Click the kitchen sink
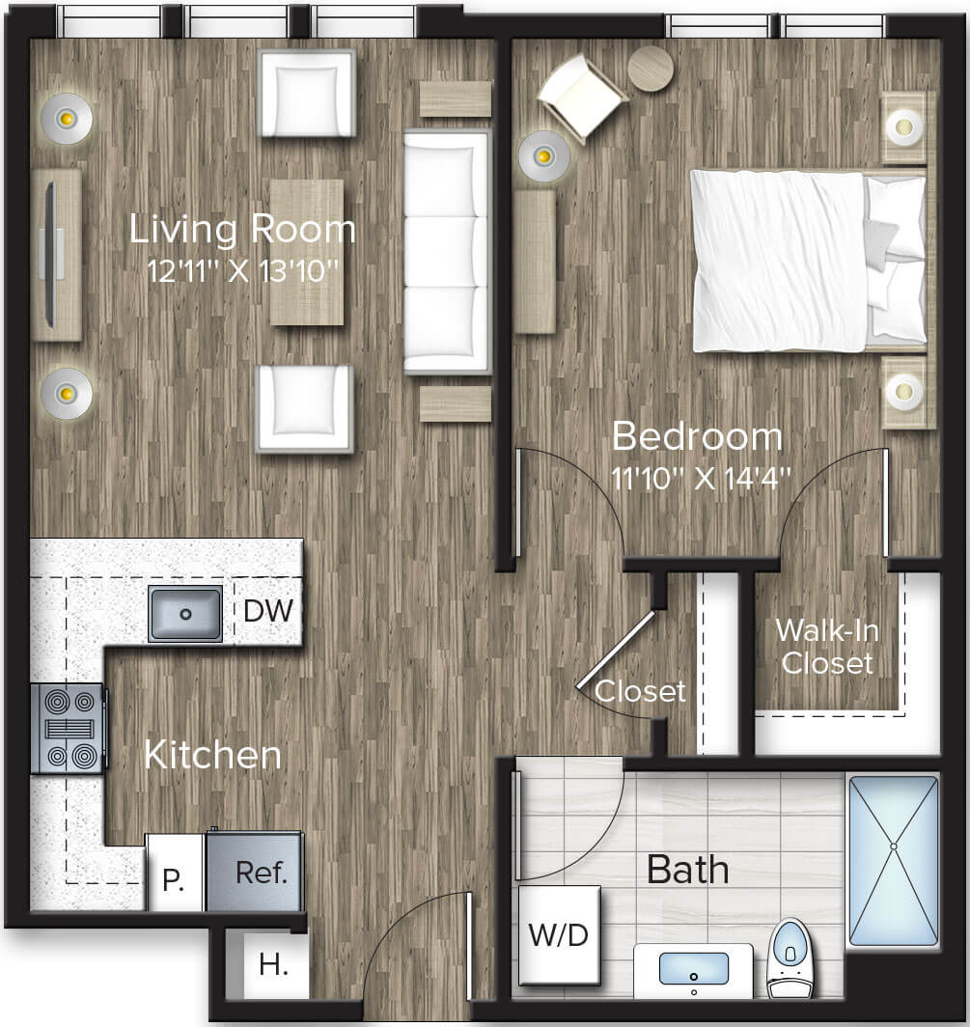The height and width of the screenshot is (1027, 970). pos(185,613)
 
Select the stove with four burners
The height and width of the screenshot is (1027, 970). pos(68,729)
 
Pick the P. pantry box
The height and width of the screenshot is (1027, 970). pos(174,878)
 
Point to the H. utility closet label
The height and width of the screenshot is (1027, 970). pos(273,964)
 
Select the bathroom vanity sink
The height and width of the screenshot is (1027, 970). pos(693,968)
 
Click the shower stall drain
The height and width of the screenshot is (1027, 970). pos(893,847)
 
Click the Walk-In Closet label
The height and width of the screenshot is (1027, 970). pos(826,646)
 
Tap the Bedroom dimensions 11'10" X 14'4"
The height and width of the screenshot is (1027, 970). pos(701,478)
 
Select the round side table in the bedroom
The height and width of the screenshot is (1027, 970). pos(651,69)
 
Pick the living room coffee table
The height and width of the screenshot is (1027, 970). pos(307,252)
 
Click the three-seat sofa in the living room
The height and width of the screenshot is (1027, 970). pos(447,252)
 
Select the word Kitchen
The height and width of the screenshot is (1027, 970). pos(212,755)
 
